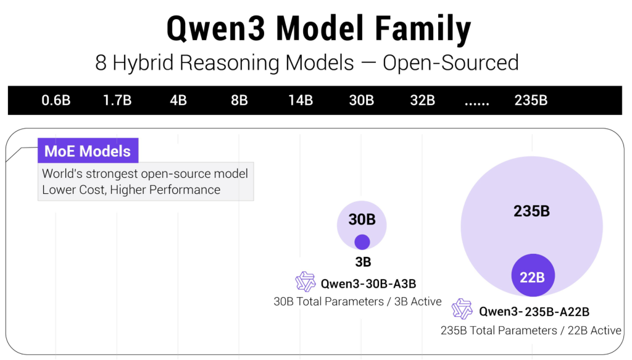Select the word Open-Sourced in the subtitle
451,62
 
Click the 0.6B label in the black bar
56,100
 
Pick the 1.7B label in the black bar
117,100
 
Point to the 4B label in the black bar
178,100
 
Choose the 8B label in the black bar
239,100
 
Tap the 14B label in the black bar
301,100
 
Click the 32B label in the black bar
423,100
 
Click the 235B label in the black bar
531,100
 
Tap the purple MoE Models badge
88,151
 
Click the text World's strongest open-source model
145,174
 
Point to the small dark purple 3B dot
362,242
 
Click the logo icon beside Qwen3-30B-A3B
306,282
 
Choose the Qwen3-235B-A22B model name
534,311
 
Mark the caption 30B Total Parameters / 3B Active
358,301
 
